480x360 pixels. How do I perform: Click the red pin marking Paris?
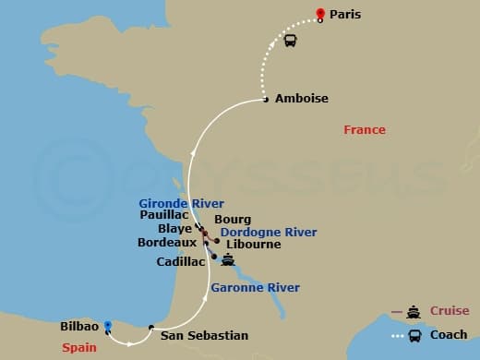pos(319,14)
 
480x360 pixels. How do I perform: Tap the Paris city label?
pos(344,15)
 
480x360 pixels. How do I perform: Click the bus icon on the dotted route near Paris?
pos(290,40)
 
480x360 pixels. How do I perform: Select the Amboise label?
pos(301,98)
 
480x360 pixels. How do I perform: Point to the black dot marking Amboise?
pos(266,99)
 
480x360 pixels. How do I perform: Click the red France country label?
pos(364,130)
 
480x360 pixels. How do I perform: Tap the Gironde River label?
pos(181,203)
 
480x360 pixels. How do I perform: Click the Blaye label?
pos(176,228)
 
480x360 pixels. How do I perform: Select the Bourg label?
pos(232,220)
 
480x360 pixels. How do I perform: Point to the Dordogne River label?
pos(269,233)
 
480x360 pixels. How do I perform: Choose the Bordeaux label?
pos(166,243)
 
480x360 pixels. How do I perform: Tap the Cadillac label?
pos(181,261)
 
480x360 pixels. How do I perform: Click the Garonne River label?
pos(255,288)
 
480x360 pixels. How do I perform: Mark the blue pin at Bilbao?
pos(108,325)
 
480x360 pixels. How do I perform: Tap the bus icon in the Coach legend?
pos(414,335)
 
